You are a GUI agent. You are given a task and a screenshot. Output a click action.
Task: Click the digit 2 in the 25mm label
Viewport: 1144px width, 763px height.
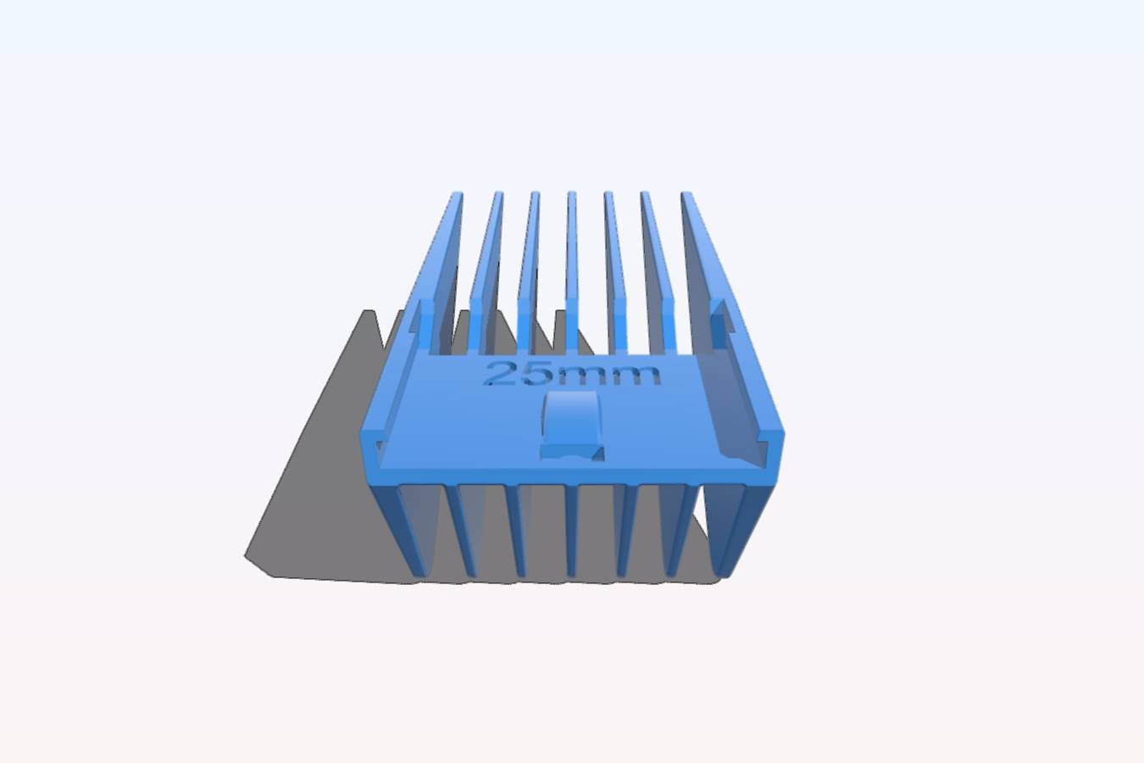point(499,374)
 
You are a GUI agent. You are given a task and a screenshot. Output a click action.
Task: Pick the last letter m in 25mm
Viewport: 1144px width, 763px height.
point(633,376)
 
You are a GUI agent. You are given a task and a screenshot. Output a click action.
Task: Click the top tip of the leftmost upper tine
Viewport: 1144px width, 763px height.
point(457,193)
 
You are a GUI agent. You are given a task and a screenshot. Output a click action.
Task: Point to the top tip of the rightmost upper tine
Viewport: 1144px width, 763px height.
point(686,194)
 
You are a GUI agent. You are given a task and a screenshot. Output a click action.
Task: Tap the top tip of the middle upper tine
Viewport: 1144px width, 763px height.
point(571,193)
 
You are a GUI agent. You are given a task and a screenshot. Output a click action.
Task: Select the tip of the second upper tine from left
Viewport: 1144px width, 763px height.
point(498,193)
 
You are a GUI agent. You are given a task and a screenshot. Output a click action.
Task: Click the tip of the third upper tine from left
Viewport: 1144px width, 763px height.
point(535,193)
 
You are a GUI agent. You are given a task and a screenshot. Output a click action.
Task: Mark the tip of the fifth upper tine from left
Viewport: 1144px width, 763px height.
point(608,193)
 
